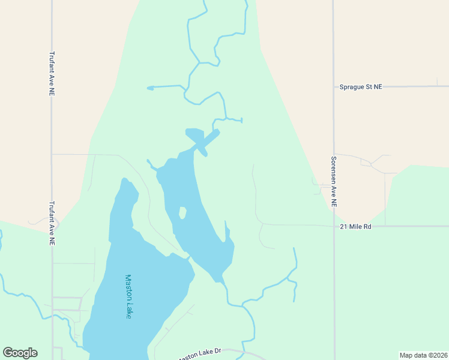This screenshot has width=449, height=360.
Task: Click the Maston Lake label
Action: pyautogui.click(x=128, y=296)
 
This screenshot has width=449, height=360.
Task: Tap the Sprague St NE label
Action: pyautogui.click(x=360, y=87)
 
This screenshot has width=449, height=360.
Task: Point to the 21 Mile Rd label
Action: pyautogui.click(x=356, y=227)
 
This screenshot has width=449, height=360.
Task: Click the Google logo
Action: pyautogui.click(x=20, y=353)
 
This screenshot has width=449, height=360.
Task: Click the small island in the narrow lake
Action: pyautogui.click(x=182, y=213)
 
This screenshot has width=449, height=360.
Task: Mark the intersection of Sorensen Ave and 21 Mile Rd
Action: pyautogui.click(x=334, y=226)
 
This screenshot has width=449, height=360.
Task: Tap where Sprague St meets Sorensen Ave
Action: pyautogui.click(x=334, y=86)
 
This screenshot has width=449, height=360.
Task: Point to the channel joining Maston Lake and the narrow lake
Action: pyautogui.click(x=189, y=258)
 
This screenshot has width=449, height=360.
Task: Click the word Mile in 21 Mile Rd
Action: pyautogui.click(x=357, y=227)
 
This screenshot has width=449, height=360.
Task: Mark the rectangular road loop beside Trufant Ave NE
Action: pyautogui.click(x=67, y=304)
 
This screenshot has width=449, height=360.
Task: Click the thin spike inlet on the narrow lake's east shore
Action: pyautogui.click(x=226, y=230)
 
